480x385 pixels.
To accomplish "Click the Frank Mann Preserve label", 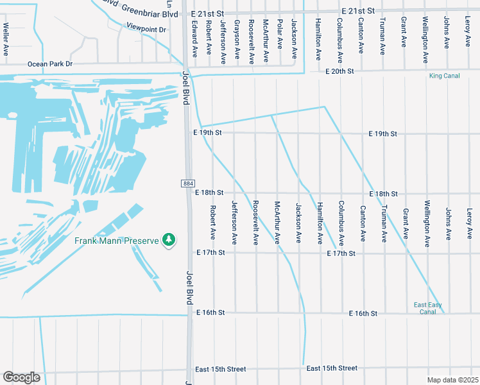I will coord(117,241).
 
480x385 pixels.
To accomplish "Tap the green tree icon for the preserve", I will coord(169,239).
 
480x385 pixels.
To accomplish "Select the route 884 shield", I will coord(187,184).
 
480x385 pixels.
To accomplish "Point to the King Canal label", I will coord(444,76).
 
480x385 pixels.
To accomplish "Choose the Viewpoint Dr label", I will coord(146,29).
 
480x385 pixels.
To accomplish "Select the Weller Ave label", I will coord(6,39).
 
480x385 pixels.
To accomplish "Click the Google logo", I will coord(21,377).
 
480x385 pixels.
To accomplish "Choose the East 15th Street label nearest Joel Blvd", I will coord(221,369).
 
